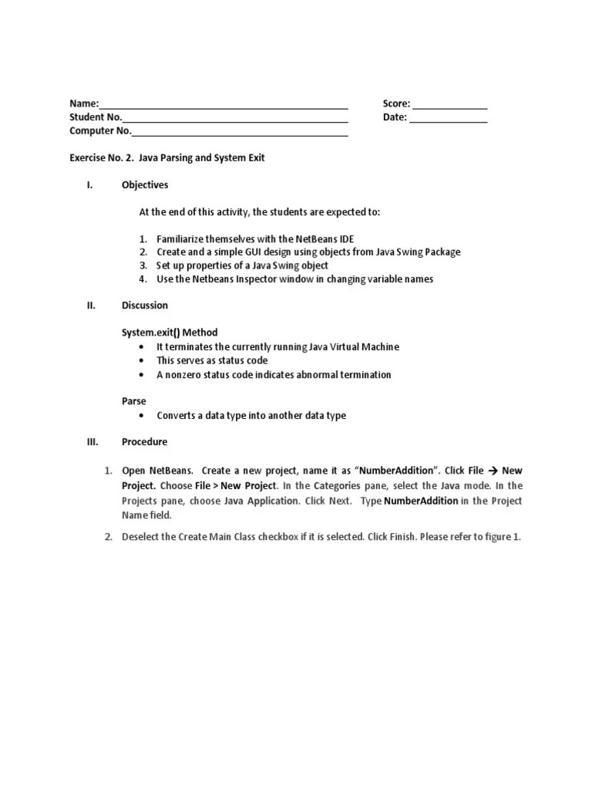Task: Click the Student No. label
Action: (96, 117)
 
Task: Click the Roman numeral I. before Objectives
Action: (89, 185)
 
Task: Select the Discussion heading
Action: (144, 306)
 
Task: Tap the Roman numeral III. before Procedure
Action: (90, 442)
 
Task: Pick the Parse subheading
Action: (133, 401)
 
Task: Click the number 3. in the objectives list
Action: (143, 265)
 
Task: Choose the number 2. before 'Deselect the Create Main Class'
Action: (109, 537)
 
